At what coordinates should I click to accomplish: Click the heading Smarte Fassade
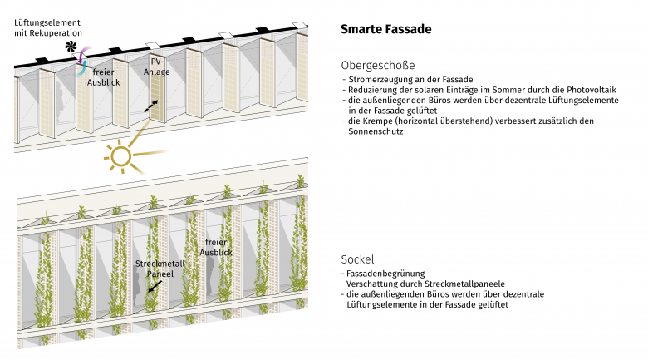(385, 30)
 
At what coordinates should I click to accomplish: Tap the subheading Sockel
(357, 259)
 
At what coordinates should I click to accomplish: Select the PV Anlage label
(157, 67)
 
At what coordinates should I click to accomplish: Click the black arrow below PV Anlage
(150, 106)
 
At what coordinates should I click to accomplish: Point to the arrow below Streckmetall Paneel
(152, 287)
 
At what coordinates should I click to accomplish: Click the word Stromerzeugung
(378, 78)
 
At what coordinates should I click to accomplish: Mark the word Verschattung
(375, 284)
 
